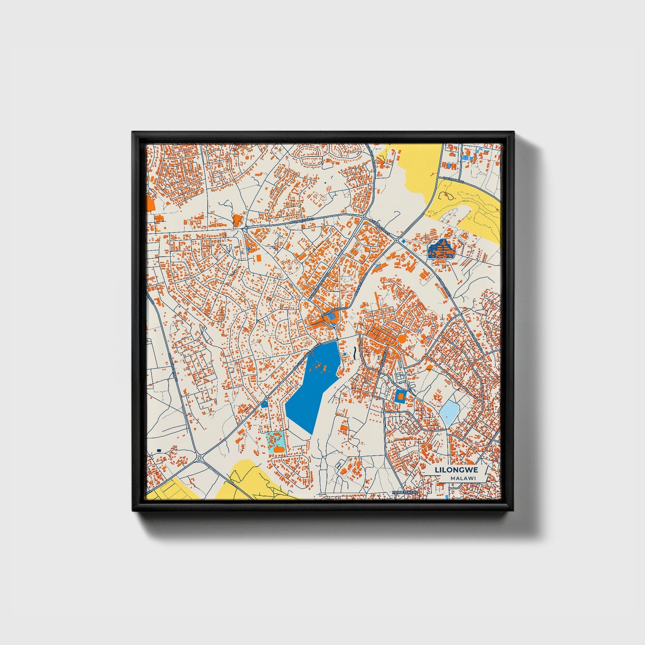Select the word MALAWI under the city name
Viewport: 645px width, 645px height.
pos(463,478)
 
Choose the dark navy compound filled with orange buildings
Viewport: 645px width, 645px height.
pos(441,249)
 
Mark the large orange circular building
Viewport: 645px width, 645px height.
pos(402,339)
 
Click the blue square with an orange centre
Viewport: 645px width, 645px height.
pos(400,395)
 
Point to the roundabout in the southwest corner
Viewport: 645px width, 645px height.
pos(199,458)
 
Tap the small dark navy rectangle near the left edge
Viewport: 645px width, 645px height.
pos(158,451)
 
